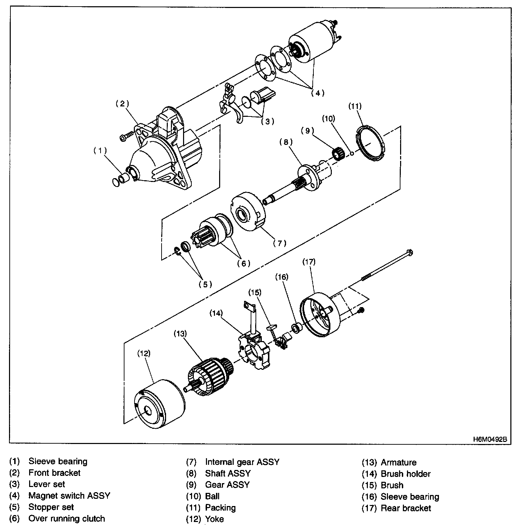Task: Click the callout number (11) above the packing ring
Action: point(355,106)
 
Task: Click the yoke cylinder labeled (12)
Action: point(158,404)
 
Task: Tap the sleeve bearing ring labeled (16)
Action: point(296,328)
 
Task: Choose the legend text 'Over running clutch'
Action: point(67,519)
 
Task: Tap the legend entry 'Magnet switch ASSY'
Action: point(69,496)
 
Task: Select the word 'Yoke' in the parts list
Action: point(214,519)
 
